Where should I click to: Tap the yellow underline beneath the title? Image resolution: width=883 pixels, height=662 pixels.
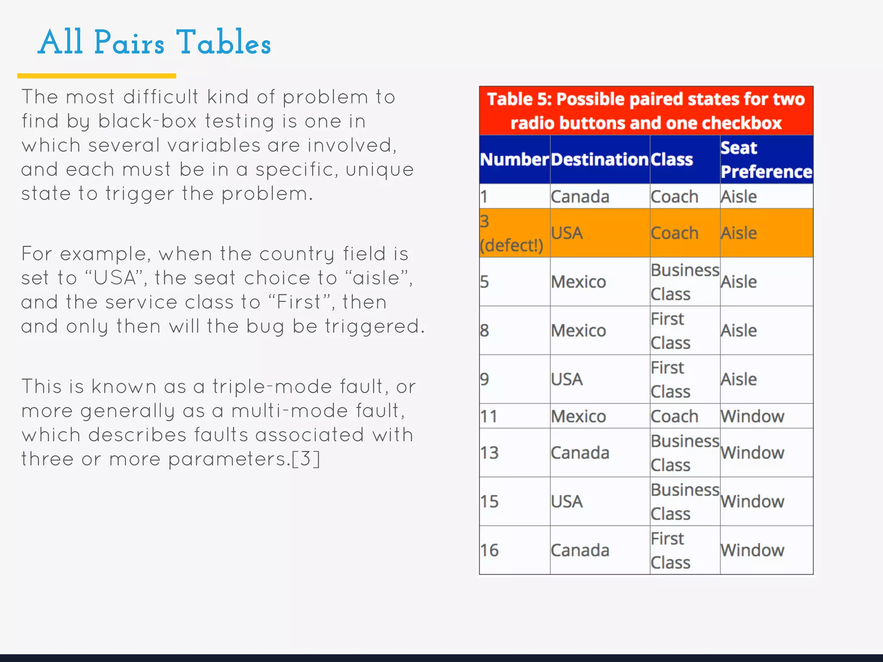[x=97, y=76]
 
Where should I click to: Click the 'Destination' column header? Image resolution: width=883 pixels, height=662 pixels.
[x=599, y=159]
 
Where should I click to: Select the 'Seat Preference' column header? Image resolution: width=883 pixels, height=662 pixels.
[x=766, y=159]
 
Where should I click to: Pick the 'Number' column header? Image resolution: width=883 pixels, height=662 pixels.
[x=514, y=159]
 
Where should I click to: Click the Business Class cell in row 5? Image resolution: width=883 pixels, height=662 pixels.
[x=684, y=282]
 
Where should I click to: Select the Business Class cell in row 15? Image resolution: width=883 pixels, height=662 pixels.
[x=684, y=501]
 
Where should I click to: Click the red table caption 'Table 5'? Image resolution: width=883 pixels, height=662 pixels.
[x=646, y=111]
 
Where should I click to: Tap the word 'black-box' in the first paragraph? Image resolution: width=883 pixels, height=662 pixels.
[x=147, y=121]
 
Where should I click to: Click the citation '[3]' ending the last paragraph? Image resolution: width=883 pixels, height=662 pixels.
[x=306, y=459]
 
